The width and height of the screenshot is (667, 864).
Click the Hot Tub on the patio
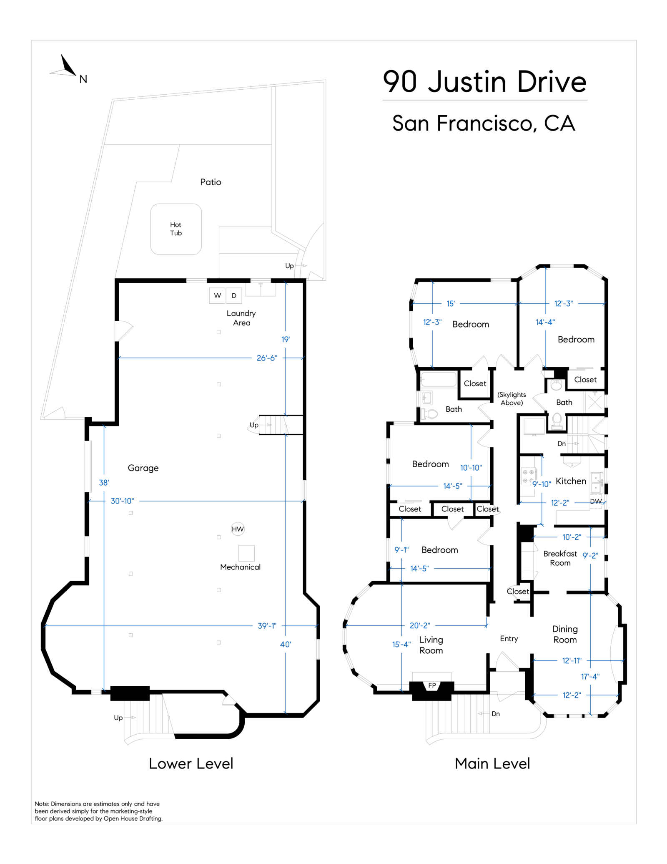pos(176,229)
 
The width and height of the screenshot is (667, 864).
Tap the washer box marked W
pos(217,295)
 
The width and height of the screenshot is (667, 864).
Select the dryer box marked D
pos(234,295)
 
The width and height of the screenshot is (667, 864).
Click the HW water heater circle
pos(238,529)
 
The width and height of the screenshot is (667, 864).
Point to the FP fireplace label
pos(432,685)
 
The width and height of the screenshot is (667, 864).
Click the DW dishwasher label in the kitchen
pos(596,501)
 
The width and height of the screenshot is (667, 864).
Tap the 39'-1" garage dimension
pos(267,626)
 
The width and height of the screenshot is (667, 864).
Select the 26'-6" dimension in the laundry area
pos(267,358)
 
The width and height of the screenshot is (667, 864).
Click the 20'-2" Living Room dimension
pos(419,625)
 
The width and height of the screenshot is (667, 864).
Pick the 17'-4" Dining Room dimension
pos(590,677)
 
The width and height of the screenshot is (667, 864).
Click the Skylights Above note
pos(512,398)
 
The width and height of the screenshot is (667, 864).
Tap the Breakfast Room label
pos(560,558)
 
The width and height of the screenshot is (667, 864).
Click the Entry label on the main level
pos(509,639)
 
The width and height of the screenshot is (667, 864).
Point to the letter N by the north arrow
pos(83,79)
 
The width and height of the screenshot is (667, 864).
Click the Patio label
pos(211,182)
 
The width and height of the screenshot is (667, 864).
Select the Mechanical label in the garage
pos(240,567)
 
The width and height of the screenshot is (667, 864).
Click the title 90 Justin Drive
pos(484,82)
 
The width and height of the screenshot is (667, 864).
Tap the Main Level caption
pos(492,763)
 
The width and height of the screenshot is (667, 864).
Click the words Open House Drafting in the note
pos(133,819)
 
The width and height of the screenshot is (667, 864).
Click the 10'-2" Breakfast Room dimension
pos(572,537)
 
